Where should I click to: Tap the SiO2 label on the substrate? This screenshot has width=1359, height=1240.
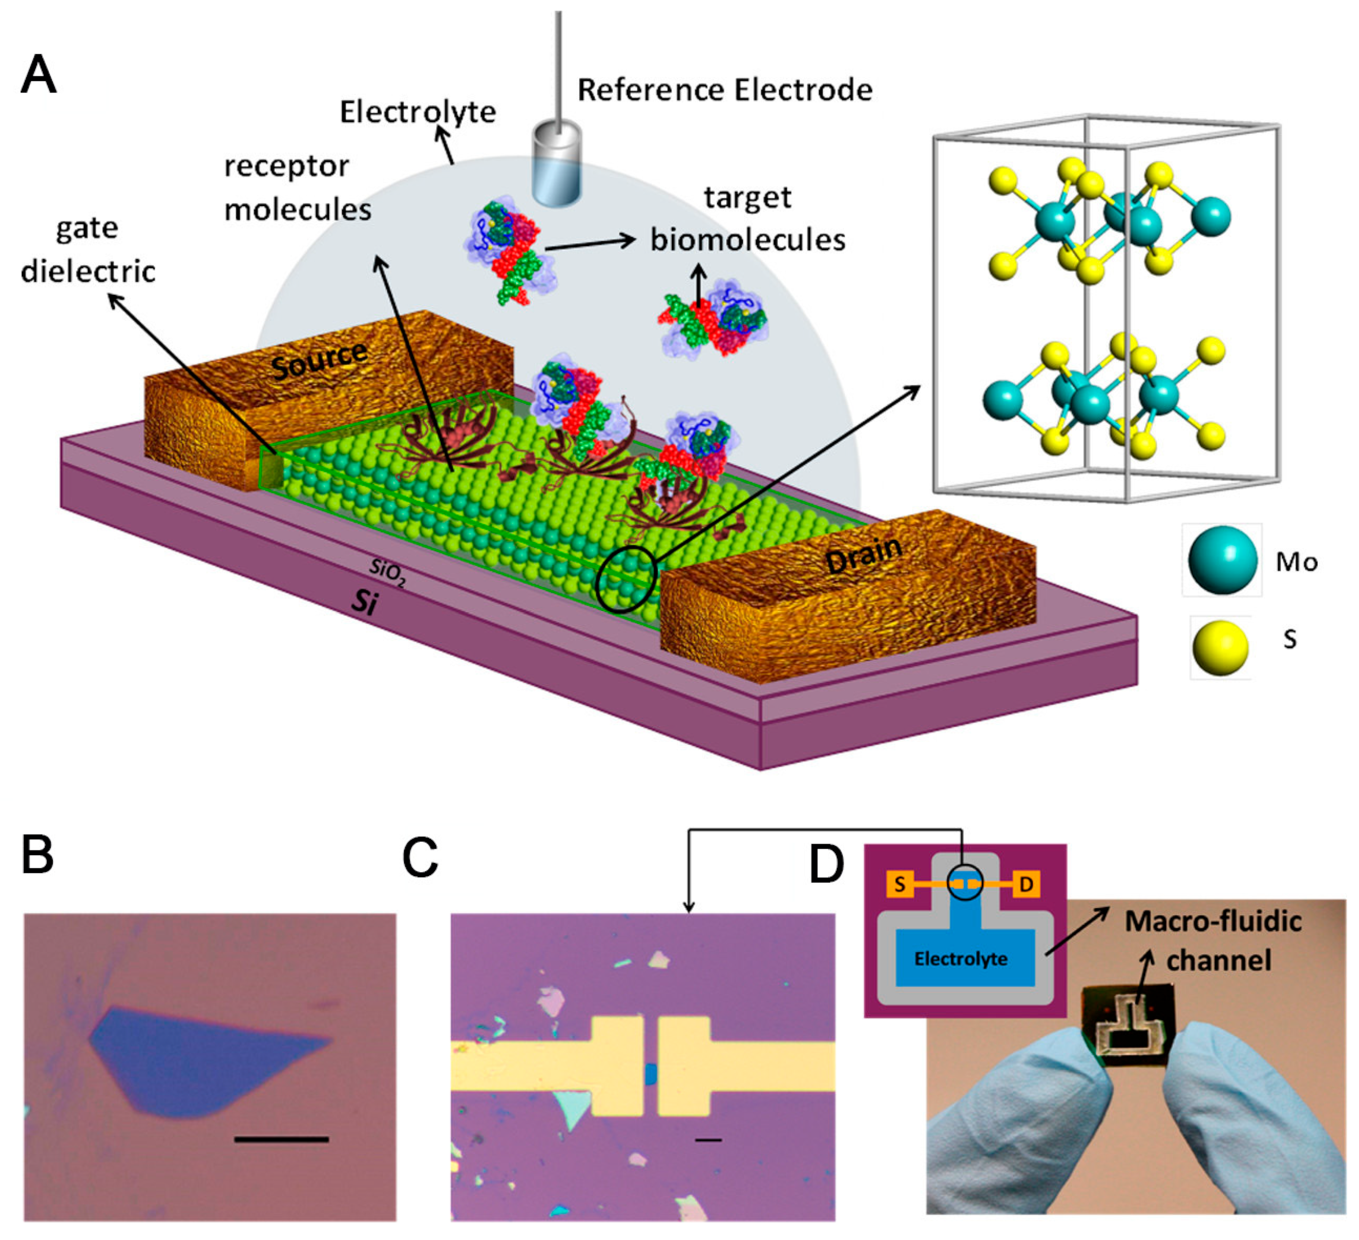387,574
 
